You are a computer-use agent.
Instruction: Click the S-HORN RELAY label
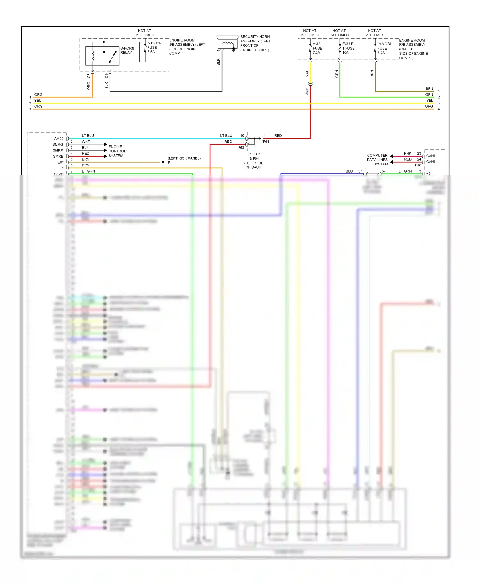pyautogui.click(x=127, y=50)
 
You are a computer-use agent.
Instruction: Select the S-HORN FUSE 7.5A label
pyautogui.click(x=154, y=47)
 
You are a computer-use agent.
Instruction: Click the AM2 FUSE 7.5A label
pyautogui.click(x=317, y=48)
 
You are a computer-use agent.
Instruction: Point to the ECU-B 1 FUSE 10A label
pyautogui.click(x=348, y=48)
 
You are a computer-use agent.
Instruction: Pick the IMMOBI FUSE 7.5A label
pyautogui.click(x=384, y=48)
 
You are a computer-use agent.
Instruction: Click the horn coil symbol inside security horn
pyautogui.click(x=227, y=44)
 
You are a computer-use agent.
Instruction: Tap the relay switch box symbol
pyautogui.click(x=102, y=56)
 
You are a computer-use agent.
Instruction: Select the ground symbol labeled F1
pyautogui.click(x=164, y=162)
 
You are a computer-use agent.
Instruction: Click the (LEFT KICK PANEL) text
pyautogui.click(x=184, y=158)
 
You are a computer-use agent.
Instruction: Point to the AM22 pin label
pyautogui.click(x=59, y=139)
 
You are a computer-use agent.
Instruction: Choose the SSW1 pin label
pyautogui.click(x=59, y=174)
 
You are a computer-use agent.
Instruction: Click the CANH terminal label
pyautogui.click(x=431, y=156)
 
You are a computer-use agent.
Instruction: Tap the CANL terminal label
pyautogui.click(x=431, y=162)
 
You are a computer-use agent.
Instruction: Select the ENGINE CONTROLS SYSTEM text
pyautogui.click(x=118, y=151)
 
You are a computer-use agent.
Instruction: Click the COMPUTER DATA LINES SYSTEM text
pyautogui.click(x=377, y=160)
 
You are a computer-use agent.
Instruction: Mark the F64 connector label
pyautogui.click(x=266, y=142)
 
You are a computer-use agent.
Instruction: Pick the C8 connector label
pyautogui.click(x=89, y=76)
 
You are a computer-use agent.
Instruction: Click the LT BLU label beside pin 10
pyautogui.click(x=226, y=136)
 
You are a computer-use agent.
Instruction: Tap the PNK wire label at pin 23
pyautogui.click(x=407, y=153)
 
